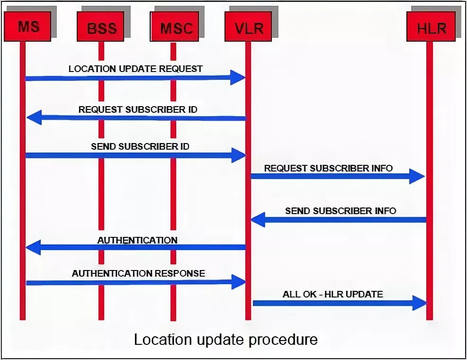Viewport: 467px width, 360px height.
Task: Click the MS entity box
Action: (27, 26)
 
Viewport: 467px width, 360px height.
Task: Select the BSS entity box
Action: (101, 28)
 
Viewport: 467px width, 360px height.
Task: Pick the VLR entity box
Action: (249, 28)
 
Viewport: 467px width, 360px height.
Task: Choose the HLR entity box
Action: (431, 28)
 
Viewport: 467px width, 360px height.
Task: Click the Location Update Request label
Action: (135, 69)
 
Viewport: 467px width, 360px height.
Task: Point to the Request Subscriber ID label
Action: (138, 109)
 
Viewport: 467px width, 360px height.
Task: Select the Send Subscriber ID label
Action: (140, 146)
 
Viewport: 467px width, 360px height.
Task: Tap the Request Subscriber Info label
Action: (328, 168)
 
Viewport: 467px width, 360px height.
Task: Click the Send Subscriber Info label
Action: (341, 211)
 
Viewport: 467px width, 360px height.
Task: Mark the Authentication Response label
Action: (138, 273)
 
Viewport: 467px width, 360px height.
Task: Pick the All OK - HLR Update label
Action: (333, 294)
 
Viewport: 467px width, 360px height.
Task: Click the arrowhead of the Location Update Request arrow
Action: (238, 78)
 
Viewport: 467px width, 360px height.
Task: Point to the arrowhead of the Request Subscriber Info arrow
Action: (417, 176)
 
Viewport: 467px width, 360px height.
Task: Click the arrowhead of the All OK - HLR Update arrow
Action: (420, 303)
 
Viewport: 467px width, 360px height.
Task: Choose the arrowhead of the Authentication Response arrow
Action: (238, 282)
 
